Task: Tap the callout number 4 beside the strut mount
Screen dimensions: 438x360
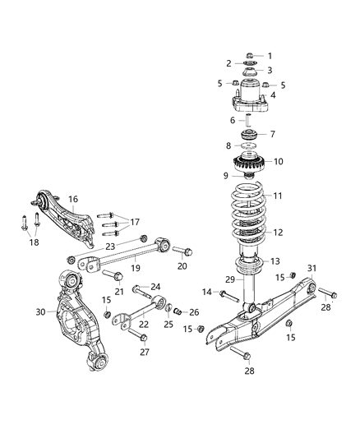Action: pos(274,95)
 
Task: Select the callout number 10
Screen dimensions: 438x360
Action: pos(277,161)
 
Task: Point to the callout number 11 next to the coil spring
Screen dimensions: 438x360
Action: pos(277,196)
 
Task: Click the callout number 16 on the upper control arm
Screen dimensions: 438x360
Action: pos(73,199)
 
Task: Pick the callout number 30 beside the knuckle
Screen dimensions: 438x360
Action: pos(41,311)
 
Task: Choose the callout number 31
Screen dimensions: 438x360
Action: pos(312,269)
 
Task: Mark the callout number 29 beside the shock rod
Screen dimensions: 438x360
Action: pos(229,280)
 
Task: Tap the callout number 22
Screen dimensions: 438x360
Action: pos(145,324)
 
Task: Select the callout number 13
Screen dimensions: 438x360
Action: pos(275,260)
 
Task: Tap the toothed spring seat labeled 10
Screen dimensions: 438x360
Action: pos(247,162)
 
